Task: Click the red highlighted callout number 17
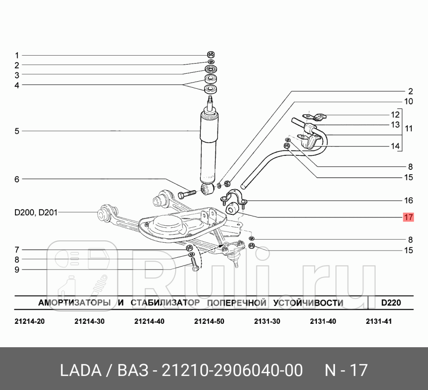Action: click(x=408, y=217)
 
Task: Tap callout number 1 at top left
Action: click(x=17, y=56)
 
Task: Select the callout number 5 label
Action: click(x=17, y=131)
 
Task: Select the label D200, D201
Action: click(x=35, y=212)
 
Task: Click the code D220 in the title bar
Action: click(x=390, y=303)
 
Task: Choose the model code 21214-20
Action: click(x=30, y=321)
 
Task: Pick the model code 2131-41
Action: click(x=379, y=321)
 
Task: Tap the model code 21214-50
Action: click(x=209, y=321)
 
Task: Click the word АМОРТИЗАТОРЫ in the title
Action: click(x=74, y=303)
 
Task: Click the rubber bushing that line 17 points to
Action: click(x=232, y=207)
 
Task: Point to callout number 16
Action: click(x=409, y=200)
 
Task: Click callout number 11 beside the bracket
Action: click(x=409, y=129)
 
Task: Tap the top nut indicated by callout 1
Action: click(x=211, y=55)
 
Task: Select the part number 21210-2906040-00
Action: click(x=233, y=370)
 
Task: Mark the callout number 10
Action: click(x=409, y=101)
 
